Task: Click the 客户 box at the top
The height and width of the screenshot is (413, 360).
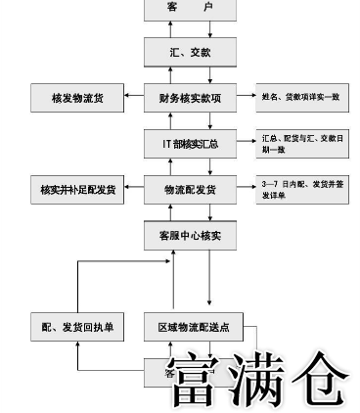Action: point(190,9)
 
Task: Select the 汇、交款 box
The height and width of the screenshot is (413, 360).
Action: point(190,52)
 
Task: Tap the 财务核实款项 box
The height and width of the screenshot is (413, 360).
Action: point(190,97)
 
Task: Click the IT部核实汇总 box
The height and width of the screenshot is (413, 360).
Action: point(190,143)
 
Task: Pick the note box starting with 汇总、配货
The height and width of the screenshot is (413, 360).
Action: point(302,143)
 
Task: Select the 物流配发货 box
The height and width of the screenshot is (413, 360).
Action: point(190,189)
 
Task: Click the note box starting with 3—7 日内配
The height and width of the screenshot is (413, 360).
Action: point(302,189)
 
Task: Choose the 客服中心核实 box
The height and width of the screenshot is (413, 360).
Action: point(190,236)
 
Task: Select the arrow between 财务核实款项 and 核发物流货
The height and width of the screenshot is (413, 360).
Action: point(133,97)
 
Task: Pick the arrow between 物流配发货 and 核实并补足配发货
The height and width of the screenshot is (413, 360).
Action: point(133,189)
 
